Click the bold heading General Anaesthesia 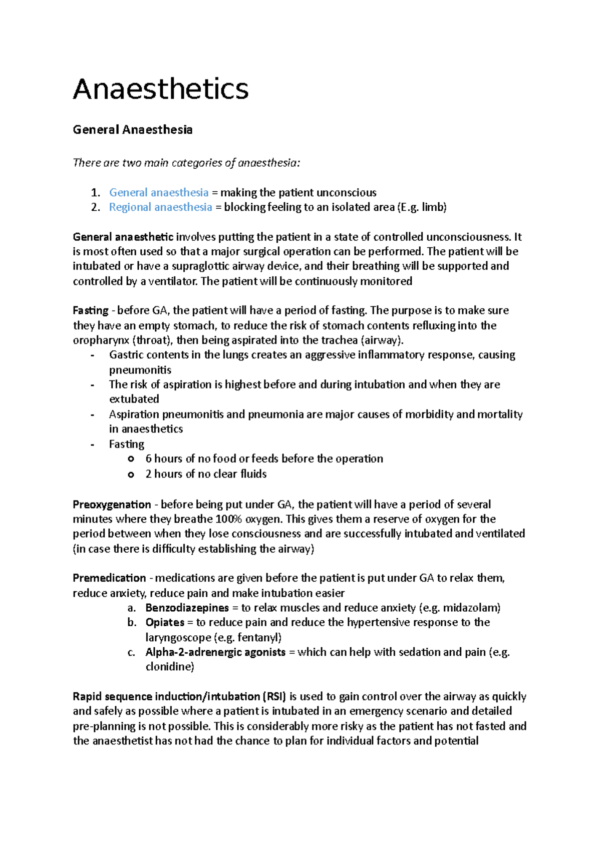coord(132,130)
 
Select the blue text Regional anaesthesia coord(160,207)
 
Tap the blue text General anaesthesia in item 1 coord(158,193)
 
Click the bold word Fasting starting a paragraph coord(90,310)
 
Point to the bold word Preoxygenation coord(112,505)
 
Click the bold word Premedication coord(109,578)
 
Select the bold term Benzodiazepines coord(187,608)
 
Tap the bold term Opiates coord(165,622)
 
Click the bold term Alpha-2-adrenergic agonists coord(215,652)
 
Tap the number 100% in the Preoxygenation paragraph coord(229,519)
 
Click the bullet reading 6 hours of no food coord(264,459)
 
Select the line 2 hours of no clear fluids coord(206,474)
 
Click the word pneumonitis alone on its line coord(140,370)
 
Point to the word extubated coord(134,399)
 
